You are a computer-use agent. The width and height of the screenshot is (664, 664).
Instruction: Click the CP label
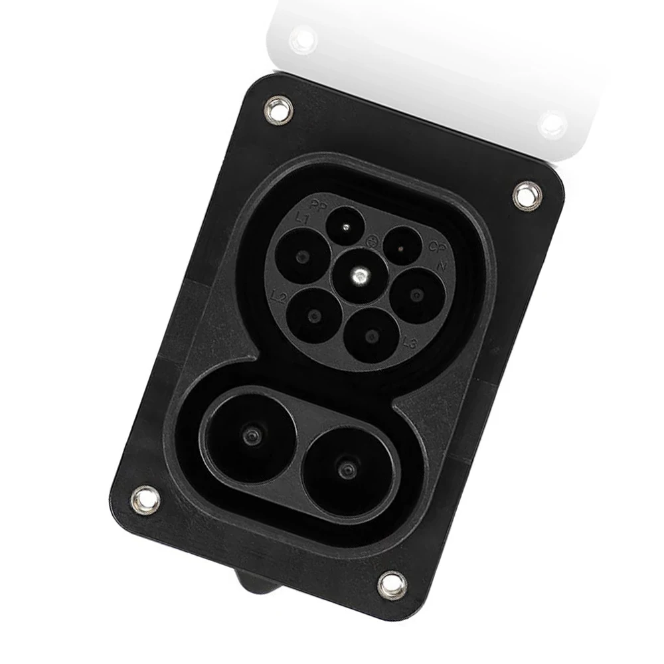pos(436,247)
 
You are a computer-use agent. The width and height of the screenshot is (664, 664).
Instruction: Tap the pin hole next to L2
pos(315,316)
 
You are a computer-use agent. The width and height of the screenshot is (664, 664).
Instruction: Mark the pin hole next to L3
pos(371,335)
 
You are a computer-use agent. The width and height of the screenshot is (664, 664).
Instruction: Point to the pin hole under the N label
pos(416,295)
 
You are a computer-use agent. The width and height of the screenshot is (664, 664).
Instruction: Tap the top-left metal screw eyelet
pos(278,110)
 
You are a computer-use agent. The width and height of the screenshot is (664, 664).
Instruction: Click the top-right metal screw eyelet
pos(527,195)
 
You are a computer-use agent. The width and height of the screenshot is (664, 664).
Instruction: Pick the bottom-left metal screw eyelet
pos(145,499)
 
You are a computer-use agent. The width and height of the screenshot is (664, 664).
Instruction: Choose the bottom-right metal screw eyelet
pos(392,584)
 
